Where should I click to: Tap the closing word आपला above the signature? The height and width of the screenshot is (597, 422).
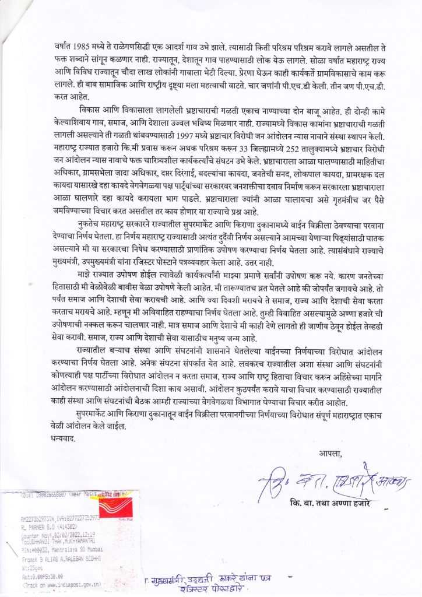click(330, 453)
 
